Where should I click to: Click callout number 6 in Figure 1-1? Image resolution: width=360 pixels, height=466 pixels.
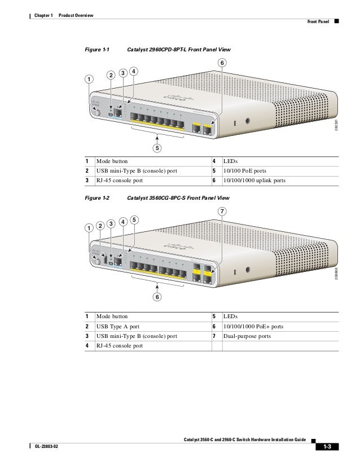coord(222,62)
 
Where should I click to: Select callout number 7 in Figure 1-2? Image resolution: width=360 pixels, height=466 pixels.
coord(222,212)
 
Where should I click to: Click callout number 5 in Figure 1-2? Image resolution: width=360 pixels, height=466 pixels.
coord(134,219)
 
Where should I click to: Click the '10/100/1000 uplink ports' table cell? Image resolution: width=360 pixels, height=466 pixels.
coord(254,181)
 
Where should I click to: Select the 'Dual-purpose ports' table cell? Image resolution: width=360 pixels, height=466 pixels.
coord(247,336)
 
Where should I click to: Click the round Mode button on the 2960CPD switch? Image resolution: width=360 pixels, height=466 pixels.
coord(97,113)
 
